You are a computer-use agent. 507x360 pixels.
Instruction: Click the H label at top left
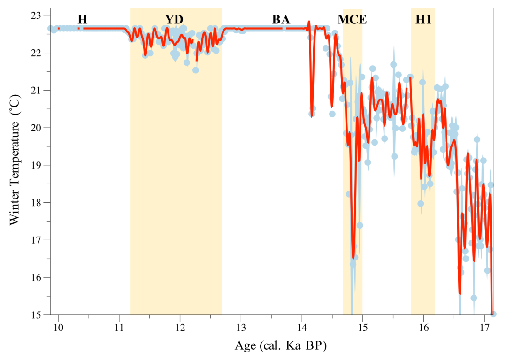83,20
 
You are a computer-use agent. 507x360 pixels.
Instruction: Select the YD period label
174,20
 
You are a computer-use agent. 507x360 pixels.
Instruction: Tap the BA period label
281,20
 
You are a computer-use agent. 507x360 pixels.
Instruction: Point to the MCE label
352,20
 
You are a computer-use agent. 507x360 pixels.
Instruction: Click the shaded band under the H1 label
423,188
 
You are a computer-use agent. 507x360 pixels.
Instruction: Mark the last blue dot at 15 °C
493,314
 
